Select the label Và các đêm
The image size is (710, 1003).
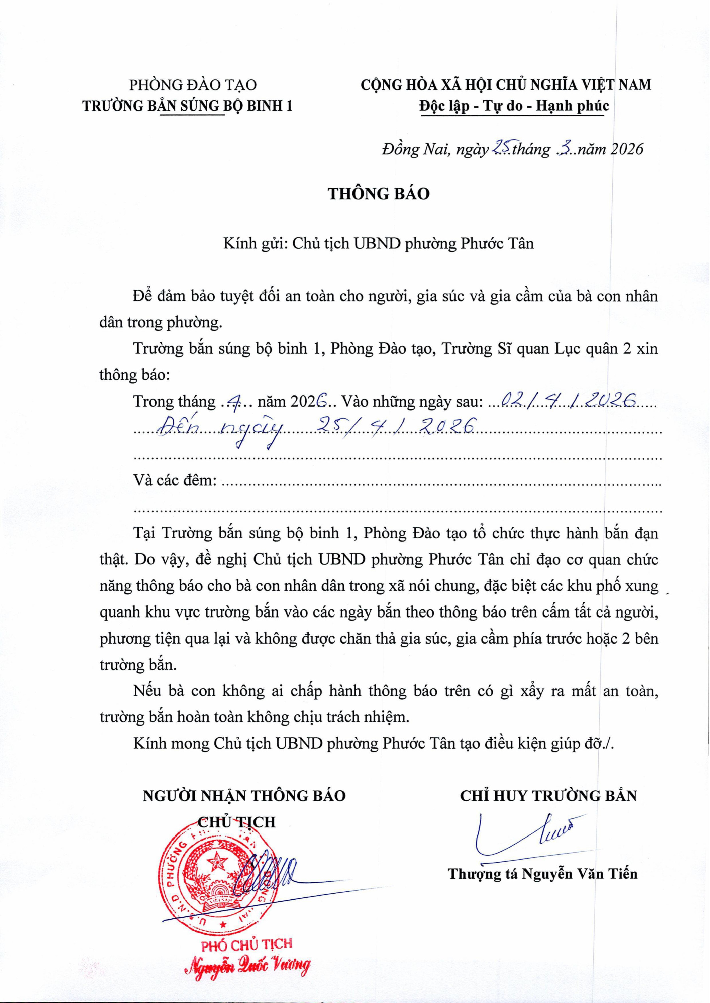pos(175,481)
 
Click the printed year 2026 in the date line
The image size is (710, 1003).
pos(626,149)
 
